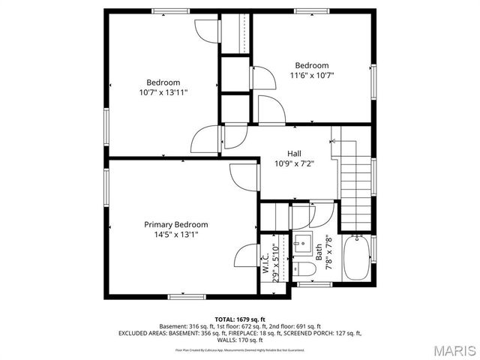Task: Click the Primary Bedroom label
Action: pos(175,224)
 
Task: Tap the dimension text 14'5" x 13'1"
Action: pos(175,234)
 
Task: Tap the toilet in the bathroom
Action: pos(304,269)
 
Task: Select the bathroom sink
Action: pos(303,244)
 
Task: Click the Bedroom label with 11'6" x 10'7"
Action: pos(311,65)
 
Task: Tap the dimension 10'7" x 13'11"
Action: pos(163,92)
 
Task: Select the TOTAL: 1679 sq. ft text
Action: pos(240,319)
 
